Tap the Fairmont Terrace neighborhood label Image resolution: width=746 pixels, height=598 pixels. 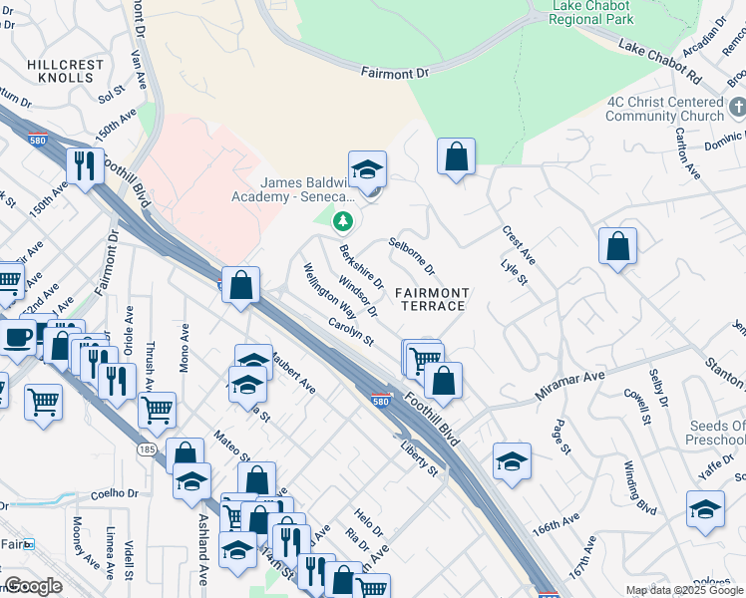click(431, 298)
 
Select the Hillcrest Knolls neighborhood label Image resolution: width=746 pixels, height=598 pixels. click(66, 71)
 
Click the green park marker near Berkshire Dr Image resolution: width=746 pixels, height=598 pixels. click(343, 219)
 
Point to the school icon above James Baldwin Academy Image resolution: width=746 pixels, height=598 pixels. click(367, 169)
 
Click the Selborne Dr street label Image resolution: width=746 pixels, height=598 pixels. click(412, 255)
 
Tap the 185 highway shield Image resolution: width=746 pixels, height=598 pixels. click(147, 449)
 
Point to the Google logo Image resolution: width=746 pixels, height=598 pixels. click(33, 586)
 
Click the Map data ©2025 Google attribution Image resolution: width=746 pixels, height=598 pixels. click(684, 590)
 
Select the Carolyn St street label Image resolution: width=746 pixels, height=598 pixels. click(350, 333)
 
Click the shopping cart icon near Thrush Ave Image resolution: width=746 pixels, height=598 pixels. click(158, 409)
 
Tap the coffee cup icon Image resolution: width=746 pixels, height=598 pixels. click(17, 338)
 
